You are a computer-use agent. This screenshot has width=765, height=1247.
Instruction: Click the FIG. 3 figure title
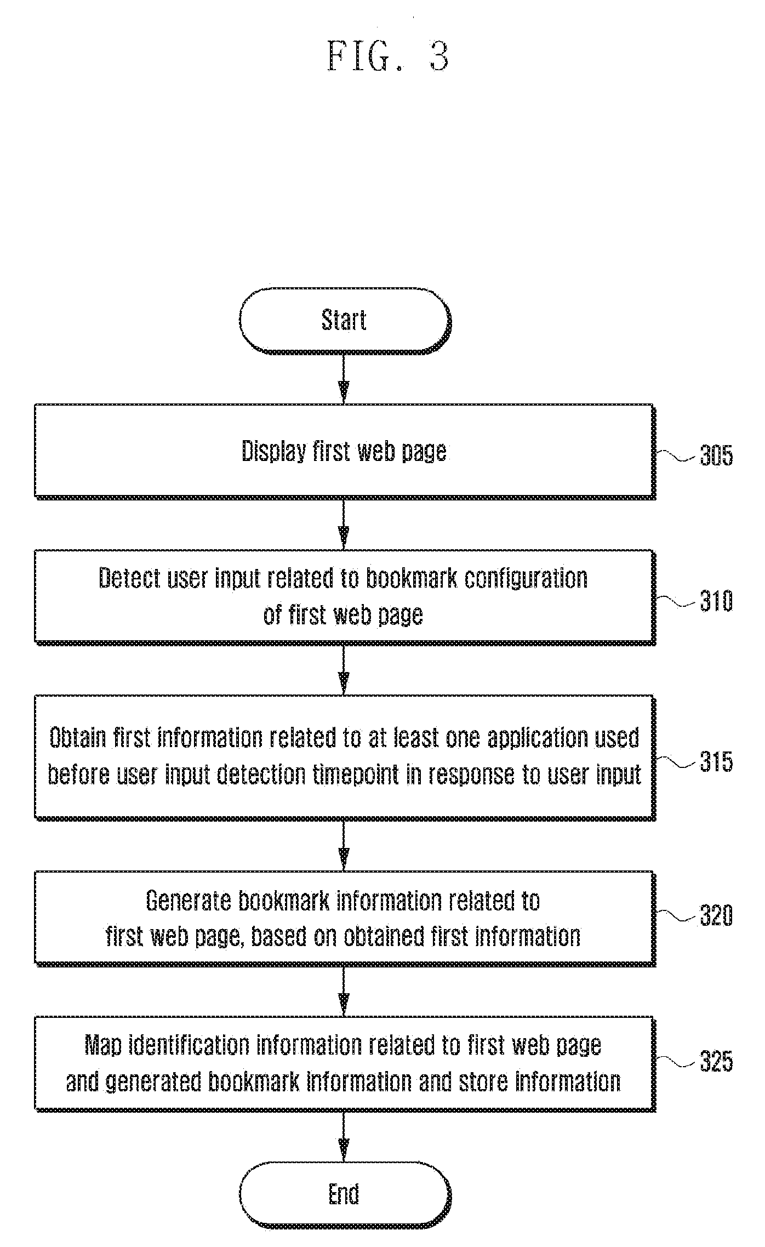[388, 56]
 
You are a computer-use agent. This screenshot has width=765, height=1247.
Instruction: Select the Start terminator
[345, 321]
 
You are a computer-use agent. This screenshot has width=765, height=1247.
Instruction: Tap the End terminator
[345, 1194]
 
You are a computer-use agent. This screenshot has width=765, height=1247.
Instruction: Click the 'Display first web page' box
[345, 451]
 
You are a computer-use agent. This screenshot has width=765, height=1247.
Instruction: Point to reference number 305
[716, 455]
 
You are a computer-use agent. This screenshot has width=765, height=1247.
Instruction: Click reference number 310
[716, 602]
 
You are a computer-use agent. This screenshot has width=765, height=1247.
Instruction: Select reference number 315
[716, 762]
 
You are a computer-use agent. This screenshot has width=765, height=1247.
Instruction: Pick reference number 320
[716, 916]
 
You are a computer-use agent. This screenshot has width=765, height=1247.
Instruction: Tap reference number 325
[716, 1062]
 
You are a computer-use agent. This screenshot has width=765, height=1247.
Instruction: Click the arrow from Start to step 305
[344, 379]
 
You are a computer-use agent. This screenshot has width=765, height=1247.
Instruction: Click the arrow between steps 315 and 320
[344, 846]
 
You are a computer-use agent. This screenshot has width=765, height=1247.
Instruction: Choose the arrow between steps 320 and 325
[344, 992]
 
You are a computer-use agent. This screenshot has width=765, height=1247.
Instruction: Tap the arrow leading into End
[344, 1137]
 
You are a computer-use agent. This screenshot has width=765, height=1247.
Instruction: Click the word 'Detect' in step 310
[129, 578]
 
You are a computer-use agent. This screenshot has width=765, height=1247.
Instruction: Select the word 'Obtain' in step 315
[78, 738]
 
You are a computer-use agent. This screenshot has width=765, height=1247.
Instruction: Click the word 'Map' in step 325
[103, 1046]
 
